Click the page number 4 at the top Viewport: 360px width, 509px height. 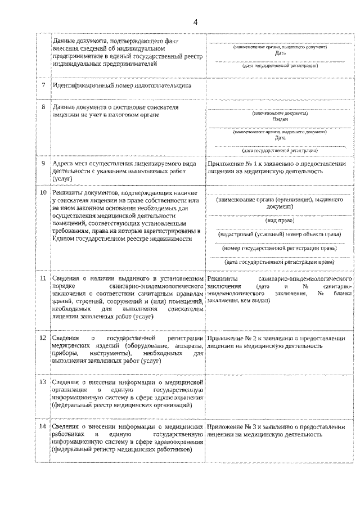[196, 22]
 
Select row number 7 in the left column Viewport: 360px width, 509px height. [43, 85]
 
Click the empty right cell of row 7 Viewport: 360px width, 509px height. [280, 85]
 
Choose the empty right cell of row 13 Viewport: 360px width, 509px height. [280, 394]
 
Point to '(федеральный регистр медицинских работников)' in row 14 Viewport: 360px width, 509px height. [121, 450]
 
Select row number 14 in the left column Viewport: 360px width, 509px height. [43, 426]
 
